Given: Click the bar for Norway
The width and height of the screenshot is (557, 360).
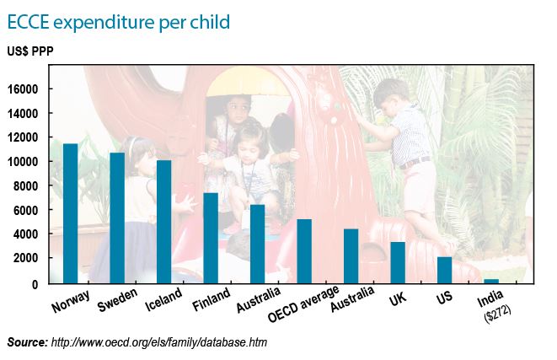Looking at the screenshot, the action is pos(70,213).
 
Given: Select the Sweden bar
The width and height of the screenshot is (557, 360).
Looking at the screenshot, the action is pos(117,218).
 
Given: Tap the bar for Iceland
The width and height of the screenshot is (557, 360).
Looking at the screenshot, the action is pos(163,222).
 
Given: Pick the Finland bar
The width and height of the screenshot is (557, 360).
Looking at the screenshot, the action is pos(211,238).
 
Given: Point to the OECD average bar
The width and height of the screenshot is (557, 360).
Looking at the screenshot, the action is pos(304,251).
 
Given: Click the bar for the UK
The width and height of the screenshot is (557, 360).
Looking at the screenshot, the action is pos(398,263).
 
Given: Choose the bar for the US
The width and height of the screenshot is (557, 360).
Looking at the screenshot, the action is pos(445,270).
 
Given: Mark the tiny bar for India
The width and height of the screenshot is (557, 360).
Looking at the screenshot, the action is pos(491,281).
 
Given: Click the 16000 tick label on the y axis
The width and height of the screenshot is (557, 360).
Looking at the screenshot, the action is pos(23,89).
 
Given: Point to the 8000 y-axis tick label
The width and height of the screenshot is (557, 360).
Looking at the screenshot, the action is pos(25,185).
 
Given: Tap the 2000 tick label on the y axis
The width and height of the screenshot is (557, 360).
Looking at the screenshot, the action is pos(25,258).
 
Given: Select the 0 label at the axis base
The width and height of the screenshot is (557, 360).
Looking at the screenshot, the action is pos(35,284).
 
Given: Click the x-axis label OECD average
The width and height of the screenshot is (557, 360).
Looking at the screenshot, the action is pos(303,304).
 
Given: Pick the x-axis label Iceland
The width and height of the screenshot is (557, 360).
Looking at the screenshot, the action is pos(163,299).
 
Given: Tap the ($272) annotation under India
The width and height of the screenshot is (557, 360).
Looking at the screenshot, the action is pos(497,313).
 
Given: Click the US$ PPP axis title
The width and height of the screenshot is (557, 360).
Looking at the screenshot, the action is pos(30,51).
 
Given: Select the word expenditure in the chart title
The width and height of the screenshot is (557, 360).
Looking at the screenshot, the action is pos(104,22).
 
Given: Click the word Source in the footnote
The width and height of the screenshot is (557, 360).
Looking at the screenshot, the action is pos(27,342).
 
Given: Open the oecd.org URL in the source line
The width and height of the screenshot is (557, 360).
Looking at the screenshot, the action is pos(159,342).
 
